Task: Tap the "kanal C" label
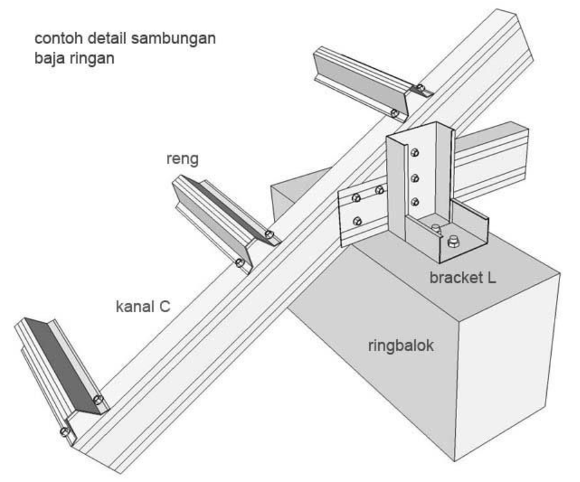(143, 306)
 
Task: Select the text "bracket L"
(462, 278)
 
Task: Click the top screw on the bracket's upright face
(414, 153)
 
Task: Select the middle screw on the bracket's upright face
(414, 178)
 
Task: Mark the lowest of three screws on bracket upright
(414, 202)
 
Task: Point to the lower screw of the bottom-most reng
(65, 431)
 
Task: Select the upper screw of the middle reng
(269, 234)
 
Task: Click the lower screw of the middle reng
(239, 263)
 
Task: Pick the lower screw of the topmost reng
(394, 113)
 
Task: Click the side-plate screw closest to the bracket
(379, 191)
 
